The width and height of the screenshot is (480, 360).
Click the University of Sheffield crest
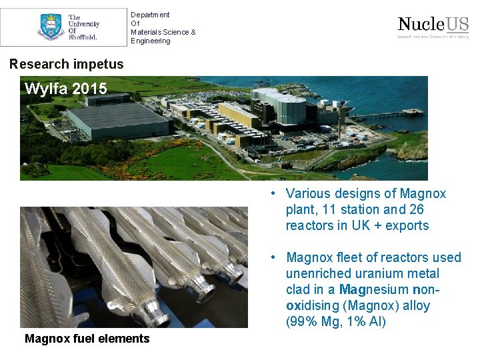[x=51, y=27]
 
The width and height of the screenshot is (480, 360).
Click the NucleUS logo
[x=433, y=25]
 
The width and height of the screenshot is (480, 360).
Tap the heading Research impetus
[x=67, y=64]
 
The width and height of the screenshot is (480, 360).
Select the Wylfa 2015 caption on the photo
[x=65, y=89]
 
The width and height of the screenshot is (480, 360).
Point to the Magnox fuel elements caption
[x=87, y=339]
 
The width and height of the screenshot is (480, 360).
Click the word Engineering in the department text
[x=151, y=41]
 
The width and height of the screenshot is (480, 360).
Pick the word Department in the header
[x=150, y=15]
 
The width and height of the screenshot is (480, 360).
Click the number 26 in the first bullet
[x=417, y=209]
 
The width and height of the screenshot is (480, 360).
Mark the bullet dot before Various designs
[x=273, y=193]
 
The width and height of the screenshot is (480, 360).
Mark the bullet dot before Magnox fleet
[x=273, y=257]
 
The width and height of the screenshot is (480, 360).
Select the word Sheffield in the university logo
[x=83, y=37]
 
